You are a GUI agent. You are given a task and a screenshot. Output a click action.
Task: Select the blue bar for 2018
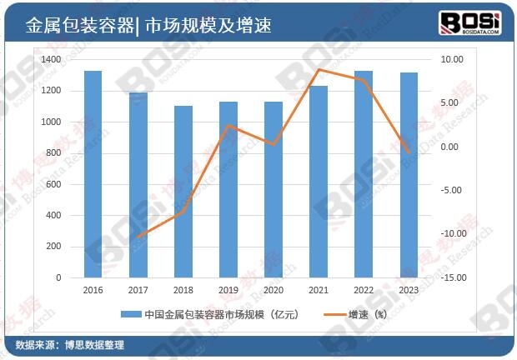coord(183,191)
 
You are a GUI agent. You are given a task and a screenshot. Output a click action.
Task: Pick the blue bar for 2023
coord(409,174)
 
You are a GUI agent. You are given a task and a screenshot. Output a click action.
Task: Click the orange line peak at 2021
coord(318,69)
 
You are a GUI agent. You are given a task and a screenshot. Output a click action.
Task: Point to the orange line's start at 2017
coord(138,237)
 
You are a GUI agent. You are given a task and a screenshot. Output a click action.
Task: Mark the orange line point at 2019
coord(228,126)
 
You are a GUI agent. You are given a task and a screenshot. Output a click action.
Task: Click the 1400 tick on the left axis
coord(50,60)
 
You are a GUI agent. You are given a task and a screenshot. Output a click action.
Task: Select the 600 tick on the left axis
coord(53,184)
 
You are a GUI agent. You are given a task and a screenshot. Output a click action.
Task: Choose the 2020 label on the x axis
coord(273,290)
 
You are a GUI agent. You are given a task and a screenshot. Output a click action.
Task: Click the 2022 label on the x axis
coord(363,290)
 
